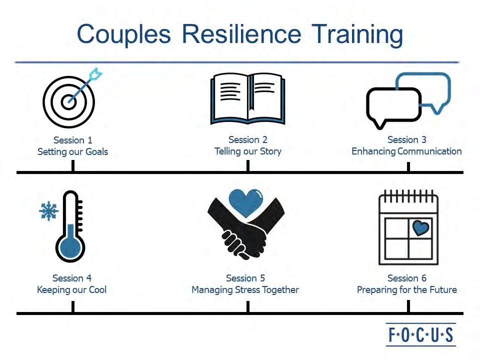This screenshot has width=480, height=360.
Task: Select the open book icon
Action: coord(248,99)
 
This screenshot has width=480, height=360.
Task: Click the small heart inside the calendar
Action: coord(421,228)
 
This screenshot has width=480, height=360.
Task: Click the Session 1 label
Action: coord(72,140)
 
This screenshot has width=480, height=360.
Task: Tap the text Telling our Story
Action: coord(248,151)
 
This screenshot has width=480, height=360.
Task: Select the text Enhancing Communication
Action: coord(406,151)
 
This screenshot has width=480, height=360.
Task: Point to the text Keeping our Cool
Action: coord(71,289)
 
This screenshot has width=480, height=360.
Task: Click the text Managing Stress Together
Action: coord(245,289)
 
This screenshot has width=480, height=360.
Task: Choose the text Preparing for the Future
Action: coord(406,289)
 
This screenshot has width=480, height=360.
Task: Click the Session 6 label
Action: coord(407,278)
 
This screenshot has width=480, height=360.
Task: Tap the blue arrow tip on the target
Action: coord(94,76)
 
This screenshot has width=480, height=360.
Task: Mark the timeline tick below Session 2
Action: coord(248,166)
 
